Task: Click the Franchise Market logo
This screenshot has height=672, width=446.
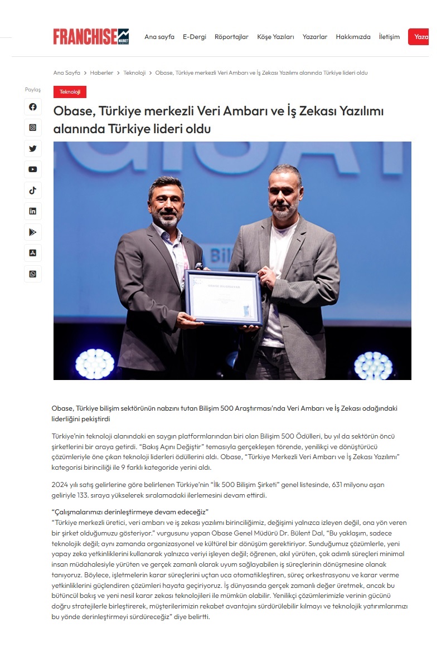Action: pos(91,37)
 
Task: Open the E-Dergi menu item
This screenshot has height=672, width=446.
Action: pos(195,37)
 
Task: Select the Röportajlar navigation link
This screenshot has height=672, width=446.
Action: pos(231,37)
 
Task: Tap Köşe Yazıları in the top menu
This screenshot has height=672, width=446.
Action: pos(275,37)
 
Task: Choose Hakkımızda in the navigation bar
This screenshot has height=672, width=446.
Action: pos(353,37)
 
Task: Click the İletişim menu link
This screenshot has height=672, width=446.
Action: pos(389,37)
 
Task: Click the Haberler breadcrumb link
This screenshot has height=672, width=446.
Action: pos(101,73)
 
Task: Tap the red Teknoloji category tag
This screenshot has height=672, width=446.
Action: pos(70,92)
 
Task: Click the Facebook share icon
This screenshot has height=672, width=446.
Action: pos(33,106)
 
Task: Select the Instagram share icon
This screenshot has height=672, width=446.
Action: pos(33,128)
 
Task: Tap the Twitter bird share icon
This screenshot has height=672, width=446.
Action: pos(33,149)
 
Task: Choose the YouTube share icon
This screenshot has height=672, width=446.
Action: pos(33,169)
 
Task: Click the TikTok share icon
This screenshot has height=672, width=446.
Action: pos(33,191)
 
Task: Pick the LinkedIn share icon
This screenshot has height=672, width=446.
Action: pos(33,211)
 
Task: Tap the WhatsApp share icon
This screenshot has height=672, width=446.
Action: pos(33,274)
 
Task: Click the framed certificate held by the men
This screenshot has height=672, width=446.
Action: pos(224,298)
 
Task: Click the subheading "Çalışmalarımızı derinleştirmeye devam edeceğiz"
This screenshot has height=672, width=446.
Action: pos(130,512)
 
